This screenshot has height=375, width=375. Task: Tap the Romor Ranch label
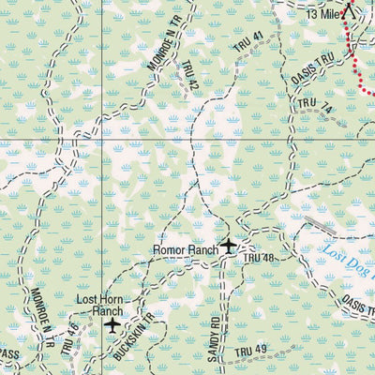(186, 250)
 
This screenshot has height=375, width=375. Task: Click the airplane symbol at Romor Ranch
(230, 247)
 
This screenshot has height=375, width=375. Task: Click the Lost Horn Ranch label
(98, 305)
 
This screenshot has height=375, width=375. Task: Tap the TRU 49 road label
(250, 352)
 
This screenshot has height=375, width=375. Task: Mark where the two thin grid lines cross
(99, 142)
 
